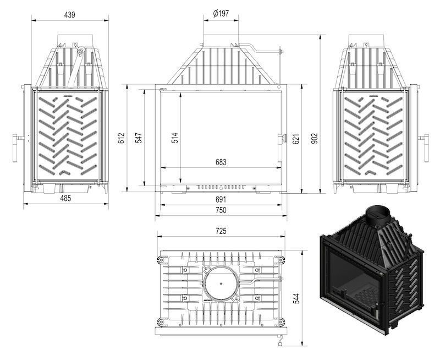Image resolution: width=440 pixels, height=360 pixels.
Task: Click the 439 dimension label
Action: click(x=69, y=15)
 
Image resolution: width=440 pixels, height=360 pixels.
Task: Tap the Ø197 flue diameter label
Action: click(x=221, y=13)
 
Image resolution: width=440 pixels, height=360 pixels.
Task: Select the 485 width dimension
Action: click(x=65, y=198)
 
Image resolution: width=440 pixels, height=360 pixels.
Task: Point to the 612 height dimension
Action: click(x=122, y=138)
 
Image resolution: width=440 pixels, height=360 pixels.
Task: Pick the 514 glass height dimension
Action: click(x=175, y=138)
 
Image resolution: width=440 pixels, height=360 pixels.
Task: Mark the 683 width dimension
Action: click(x=221, y=162)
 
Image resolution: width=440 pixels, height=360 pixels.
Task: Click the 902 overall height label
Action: click(x=315, y=138)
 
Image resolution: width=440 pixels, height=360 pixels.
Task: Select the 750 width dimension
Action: click(x=221, y=210)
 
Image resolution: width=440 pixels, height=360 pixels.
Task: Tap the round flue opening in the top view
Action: click(x=221, y=283)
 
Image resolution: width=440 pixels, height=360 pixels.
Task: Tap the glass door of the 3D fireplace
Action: click(x=352, y=275)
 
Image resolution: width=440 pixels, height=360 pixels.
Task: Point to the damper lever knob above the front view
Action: click(x=279, y=52)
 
